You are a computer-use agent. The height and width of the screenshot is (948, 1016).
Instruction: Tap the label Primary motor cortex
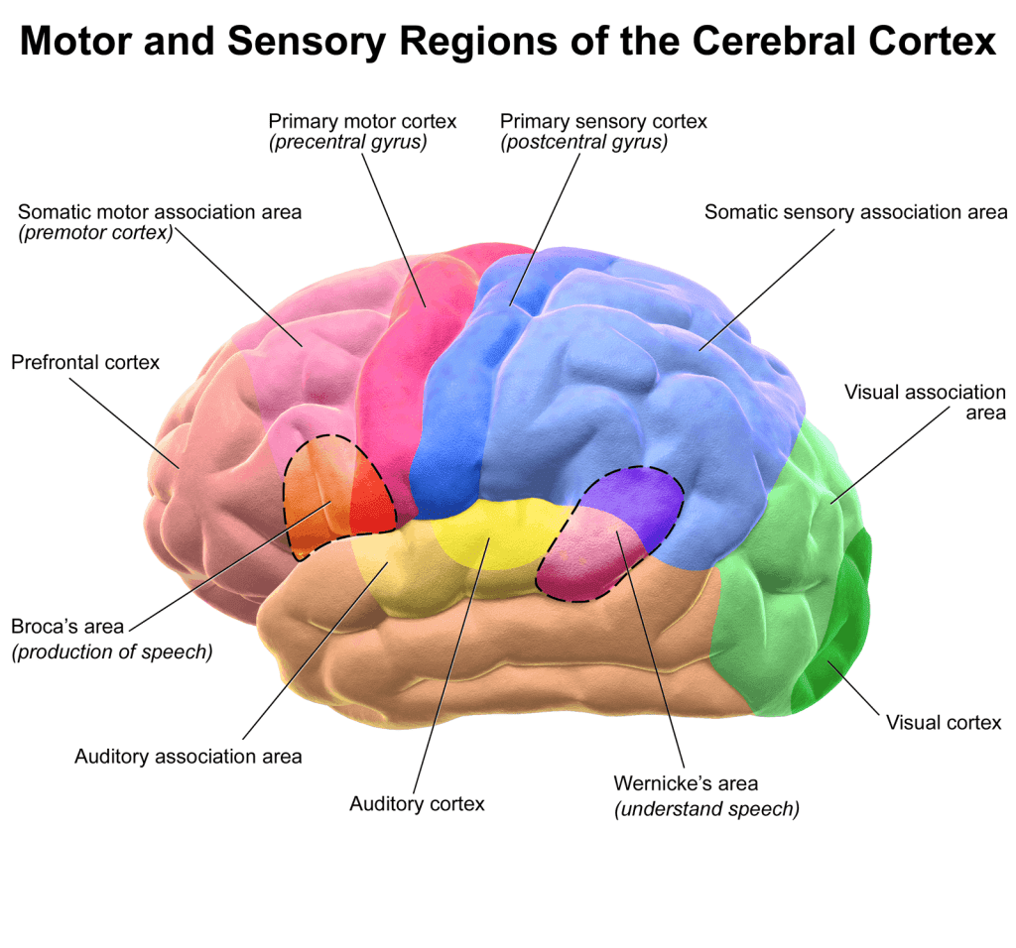click(x=362, y=121)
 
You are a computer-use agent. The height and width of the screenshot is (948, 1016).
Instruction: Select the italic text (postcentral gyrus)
click(x=583, y=142)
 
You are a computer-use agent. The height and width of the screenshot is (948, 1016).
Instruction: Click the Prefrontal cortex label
click(x=85, y=362)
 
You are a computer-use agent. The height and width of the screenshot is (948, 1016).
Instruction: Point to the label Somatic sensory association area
click(x=855, y=211)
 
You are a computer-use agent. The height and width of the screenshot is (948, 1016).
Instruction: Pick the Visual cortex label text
click(x=944, y=722)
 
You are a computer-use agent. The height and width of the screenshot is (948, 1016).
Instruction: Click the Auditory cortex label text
click(x=417, y=803)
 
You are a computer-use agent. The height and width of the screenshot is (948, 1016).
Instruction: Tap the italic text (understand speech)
click(x=706, y=808)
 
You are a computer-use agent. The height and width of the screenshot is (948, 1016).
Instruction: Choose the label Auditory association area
click(x=188, y=757)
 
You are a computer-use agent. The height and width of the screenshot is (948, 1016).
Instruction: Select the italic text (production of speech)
click(x=111, y=652)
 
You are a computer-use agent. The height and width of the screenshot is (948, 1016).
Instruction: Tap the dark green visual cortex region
click(x=843, y=635)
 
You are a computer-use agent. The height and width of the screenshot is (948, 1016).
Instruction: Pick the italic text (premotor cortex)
click(x=95, y=233)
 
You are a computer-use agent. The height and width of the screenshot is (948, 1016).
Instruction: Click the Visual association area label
click(x=925, y=402)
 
